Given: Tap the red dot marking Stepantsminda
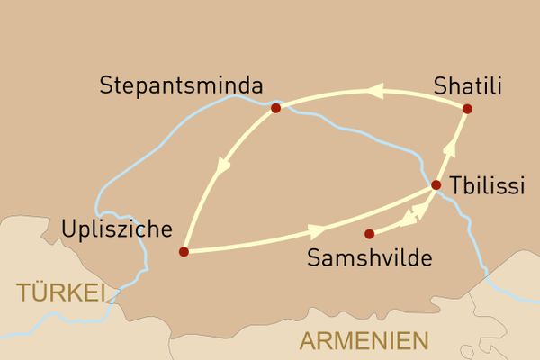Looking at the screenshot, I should (x=275, y=109).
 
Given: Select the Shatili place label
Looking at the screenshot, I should (x=466, y=87).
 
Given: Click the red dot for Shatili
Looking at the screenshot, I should (x=467, y=109).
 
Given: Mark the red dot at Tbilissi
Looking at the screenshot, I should (x=436, y=185).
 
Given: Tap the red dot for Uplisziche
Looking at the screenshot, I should (x=184, y=251).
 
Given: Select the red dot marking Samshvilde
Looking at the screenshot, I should (x=369, y=234).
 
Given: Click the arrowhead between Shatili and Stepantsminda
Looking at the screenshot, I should (x=374, y=91).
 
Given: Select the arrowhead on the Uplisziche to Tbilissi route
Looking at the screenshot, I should (x=317, y=230).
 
